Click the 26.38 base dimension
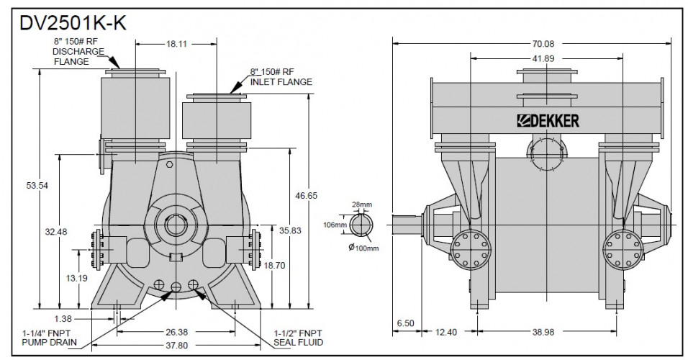[177, 332]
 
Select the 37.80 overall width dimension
[177, 345]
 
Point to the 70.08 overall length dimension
[535, 42]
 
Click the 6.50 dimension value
[405, 323]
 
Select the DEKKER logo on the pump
[549, 121]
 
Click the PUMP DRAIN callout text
[47, 341]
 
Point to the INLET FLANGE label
[281, 82]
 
